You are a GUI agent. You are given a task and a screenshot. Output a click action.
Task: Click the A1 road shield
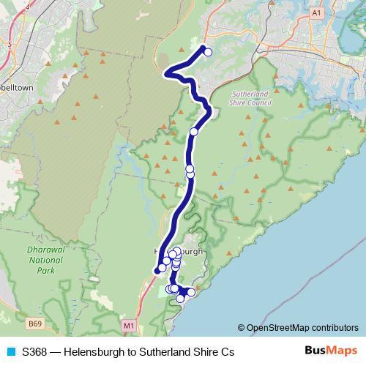tap(316, 13)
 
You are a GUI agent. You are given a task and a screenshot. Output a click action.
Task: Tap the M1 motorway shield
tap(129, 324)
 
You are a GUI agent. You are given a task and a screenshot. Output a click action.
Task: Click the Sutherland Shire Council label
tap(251, 99)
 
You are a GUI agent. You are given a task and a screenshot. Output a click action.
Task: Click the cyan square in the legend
tap(11, 352)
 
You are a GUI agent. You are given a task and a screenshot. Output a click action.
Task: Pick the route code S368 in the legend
tap(35, 352)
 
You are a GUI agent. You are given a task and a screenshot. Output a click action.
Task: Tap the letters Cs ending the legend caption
tap(227, 352)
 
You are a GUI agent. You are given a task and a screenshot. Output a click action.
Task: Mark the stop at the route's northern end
tap(208, 52)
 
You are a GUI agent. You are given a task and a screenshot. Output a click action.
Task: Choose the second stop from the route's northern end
tap(194, 132)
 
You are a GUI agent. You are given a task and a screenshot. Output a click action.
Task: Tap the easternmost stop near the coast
tap(191, 292)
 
